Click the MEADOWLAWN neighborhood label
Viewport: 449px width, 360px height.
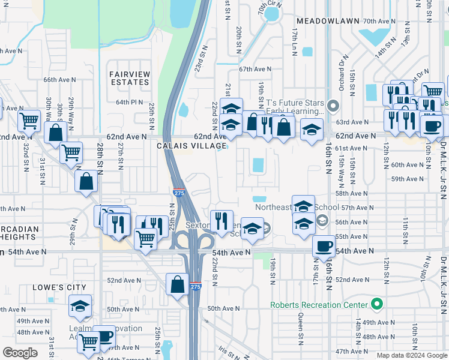pyautogui.click(x=331, y=20)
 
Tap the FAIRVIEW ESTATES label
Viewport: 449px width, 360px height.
pyautogui.click(x=130, y=78)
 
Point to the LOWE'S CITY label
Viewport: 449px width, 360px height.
pyautogui.click(x=59, y=288)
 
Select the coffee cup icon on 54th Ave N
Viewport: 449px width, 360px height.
pyautogui.click(x=324, y=247)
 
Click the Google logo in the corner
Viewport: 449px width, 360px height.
pyautogui.click(x=20, y=353)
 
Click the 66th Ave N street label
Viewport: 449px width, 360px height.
pyautogui.click(x=59, y=79)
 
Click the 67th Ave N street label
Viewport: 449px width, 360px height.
pyautogui.click(x=255, y=69)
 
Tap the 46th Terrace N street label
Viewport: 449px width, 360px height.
pyautogui.click(x=129, y=358)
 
